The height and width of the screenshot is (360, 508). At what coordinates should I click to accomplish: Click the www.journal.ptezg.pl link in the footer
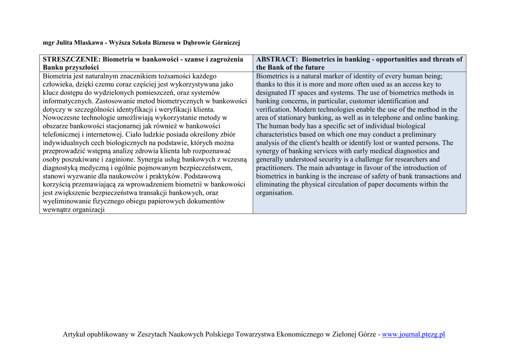coord(413,334)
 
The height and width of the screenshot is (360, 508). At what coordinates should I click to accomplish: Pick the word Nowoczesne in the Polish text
coord(62,118)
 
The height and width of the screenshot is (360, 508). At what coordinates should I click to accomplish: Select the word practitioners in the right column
coord(275,168)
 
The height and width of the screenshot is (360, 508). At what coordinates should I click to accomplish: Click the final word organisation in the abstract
coord(274,193)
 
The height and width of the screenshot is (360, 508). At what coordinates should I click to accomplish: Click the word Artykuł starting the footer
coord(74,334)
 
